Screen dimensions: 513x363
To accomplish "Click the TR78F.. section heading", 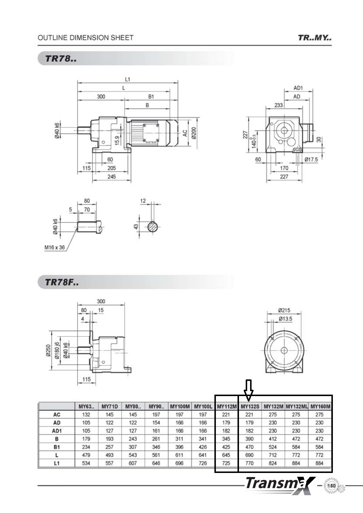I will [x=62, y=282].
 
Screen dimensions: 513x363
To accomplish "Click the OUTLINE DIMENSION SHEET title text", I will [x=85, y=38].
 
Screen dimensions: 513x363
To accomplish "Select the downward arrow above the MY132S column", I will [x=248, y=391].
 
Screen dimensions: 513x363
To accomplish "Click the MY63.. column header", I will [x=86, y=406].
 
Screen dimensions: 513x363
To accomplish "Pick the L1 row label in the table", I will [x=57, y=463].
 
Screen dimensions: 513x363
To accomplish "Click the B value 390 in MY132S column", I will [x=249, y=439].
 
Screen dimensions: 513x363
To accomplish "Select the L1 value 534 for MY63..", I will [x=86, y=463].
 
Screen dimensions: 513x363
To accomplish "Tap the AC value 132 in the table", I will [x=86, y=414].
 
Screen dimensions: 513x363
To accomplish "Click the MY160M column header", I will [x=320, y=406].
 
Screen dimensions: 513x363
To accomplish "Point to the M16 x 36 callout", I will [x=54, y=247].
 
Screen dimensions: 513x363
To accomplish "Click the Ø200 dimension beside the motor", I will [x=194, y=133].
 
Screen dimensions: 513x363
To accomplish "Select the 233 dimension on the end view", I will [x=278, y=105].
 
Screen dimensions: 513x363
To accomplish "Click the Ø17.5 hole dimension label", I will [x=311, y=159].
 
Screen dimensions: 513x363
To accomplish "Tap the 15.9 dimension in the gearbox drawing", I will [x=117, y=140].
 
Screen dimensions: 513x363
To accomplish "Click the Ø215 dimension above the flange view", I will [x=284, y=310].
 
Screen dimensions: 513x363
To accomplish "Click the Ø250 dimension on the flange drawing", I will [x=48, y=350].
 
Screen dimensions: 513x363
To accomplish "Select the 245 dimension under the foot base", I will [x=111, y=177].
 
